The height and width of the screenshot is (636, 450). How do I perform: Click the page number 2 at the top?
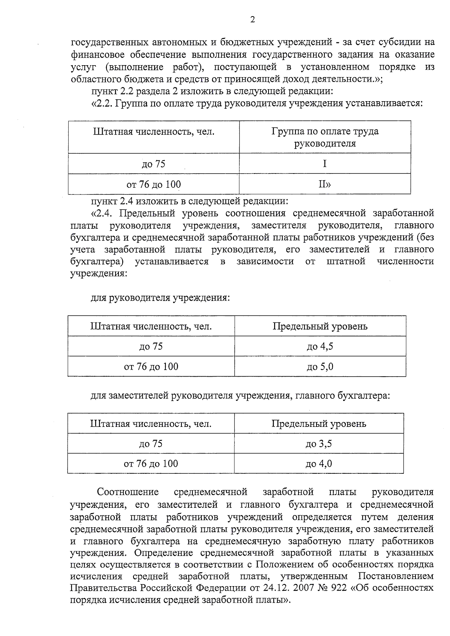[x=252, y=20]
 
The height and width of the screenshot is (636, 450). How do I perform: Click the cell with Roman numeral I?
[x=325, y=164]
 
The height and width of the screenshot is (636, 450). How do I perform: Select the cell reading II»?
[x=325, y=184]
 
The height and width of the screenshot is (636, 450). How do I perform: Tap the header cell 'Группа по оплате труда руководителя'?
[x=325, y=137]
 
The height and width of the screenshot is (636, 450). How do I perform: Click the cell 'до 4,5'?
[x=320, y=346]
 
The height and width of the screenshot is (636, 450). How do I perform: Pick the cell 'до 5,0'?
[x=320, y=367]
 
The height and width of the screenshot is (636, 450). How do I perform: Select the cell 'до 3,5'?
[x=319, y=444]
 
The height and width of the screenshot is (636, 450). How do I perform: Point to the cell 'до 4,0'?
[x=319, y=464]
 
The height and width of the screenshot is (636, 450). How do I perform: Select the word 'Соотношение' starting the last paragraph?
[x=128, y=492]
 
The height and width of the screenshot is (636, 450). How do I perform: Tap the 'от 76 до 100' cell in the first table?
[x=154, y=184]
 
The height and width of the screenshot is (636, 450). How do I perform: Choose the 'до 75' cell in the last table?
[x=151, y=444]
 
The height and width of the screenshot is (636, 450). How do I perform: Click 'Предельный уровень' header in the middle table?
[x=320, y=326]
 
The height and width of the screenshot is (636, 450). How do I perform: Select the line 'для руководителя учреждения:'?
[x=160, y=298]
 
